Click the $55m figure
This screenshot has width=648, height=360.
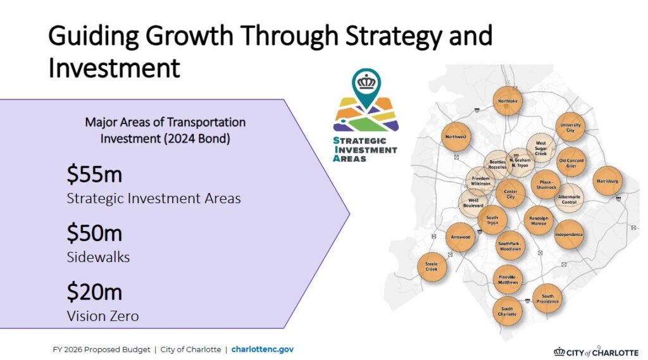click(x=94, y=174)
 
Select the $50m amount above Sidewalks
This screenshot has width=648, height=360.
click(x=94, y=233)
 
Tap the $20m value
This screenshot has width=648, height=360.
click(x=94, y=292)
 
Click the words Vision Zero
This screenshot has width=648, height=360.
click(x=103, y=316)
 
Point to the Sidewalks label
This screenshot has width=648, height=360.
click(x=98, y=257)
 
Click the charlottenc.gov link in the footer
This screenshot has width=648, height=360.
click(x=263, y=349)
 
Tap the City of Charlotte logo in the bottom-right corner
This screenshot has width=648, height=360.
click(x=596, y=352)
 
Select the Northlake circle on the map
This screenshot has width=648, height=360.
click(x=508, y=101)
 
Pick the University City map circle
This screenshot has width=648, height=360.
click(x=570, y=127)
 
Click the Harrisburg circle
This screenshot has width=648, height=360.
click(x=607, y=181)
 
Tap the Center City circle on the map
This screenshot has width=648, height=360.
click(x=511, y=194)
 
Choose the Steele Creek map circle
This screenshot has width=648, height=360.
click(x=432, y=266)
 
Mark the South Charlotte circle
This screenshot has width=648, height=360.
click(x=507, y=311)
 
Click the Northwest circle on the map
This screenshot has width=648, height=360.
click(x=456, y=137)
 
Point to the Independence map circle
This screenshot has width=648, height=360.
click(x=569, y=234)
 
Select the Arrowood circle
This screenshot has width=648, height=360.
click(x=461, y=237)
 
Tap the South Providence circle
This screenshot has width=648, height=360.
click(x=547, y=299)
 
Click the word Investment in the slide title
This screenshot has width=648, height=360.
click(x=114, y=68)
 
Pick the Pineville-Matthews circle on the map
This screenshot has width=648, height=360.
click(x=508, y=280)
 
